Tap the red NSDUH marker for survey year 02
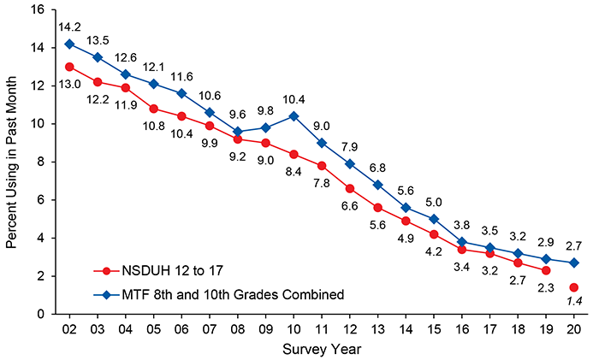tap(68, 66)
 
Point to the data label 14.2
tap(68, 27)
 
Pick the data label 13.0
tap(68, 84)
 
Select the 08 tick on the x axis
tap(236, 328)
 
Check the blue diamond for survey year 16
tap(461, 242)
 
